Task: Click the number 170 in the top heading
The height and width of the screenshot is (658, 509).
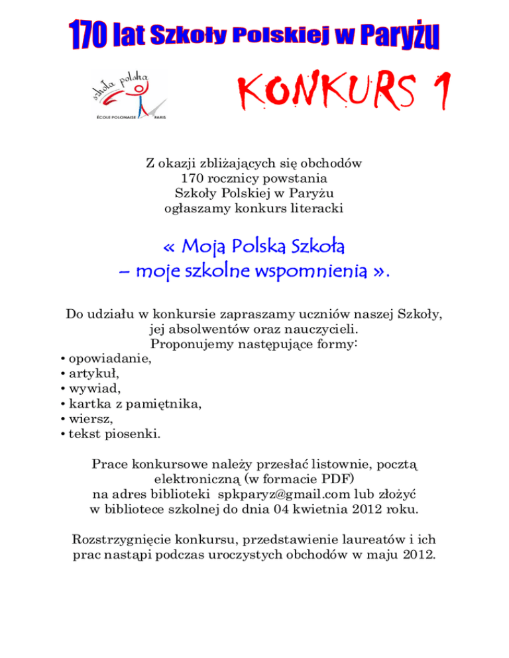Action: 91,33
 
